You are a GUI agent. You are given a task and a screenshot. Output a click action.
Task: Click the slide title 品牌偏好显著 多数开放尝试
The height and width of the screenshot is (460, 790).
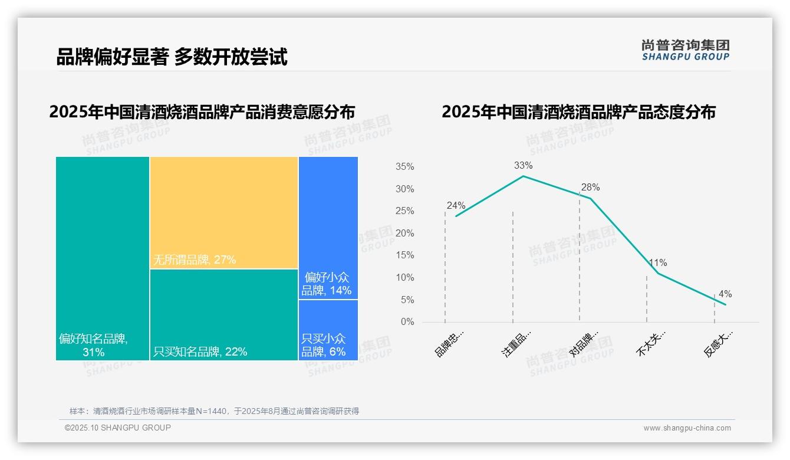(x=172, y=57)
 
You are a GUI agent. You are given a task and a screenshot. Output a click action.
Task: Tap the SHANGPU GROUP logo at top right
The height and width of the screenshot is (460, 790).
(x=685, y=50)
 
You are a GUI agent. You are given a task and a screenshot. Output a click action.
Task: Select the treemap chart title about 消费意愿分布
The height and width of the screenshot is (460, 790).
(x=202, y=112)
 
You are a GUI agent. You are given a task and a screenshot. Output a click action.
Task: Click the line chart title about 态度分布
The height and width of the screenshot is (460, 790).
(x=578, y=112)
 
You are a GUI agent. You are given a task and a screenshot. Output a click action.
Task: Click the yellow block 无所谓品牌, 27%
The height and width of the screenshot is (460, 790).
(x=223, y=212)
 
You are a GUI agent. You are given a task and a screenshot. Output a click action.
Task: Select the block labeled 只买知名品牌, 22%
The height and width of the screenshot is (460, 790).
(x=223, y=314)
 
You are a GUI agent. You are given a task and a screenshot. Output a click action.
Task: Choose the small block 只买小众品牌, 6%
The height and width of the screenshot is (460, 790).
(x=328, y=330)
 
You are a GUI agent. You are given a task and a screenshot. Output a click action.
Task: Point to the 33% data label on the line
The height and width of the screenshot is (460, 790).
(x=523, y=166)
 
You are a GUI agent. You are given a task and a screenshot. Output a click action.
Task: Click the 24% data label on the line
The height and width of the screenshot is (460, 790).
(x=456, y=206)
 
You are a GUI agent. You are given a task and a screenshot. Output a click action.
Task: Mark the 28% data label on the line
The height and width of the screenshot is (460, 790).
(x=590, y=188)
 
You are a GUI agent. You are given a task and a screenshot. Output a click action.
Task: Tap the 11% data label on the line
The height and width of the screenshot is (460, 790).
(x=658, y=263)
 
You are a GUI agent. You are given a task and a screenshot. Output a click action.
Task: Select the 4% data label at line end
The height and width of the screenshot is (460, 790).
(x=725, y=294)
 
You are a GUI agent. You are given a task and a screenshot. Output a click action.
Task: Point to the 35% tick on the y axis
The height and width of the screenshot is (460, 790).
(x=404, y=167)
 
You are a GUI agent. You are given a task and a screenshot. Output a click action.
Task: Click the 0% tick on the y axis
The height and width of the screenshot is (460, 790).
(x=407, y=322)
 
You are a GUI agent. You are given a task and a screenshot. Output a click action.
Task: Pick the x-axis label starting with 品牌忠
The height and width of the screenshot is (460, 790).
(x=449, y=343)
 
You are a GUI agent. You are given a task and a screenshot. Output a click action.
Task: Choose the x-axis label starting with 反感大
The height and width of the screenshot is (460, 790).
(x=719, y=343)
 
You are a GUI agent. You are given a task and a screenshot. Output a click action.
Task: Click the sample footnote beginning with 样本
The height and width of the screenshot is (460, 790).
(x=214, y=411)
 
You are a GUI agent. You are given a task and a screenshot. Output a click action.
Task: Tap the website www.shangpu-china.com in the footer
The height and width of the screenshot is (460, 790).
(x=687, y=428)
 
